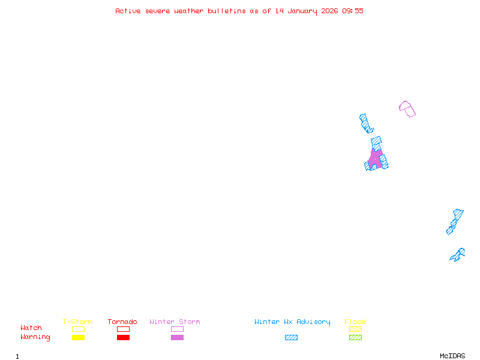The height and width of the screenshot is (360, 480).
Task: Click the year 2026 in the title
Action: (329, 11)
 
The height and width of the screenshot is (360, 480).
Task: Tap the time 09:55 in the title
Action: (353, 11)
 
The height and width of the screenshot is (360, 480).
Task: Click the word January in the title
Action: (302, 11)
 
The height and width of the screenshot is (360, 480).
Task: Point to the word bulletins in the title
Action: (227, 11)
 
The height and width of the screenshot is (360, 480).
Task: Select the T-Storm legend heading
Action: (77, 322)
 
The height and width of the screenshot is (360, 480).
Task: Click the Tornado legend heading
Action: (122, 322)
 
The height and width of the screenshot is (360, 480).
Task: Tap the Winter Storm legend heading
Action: (175, 322)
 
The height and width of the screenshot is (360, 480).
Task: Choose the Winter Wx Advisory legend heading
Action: (292, 322)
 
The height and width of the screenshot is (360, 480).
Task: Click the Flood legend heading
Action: (355, 322)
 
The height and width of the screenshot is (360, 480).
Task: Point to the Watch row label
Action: (31, 328)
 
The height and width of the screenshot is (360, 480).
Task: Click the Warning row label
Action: (35, 337)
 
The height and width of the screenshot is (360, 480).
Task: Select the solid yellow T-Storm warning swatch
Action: (79, 337)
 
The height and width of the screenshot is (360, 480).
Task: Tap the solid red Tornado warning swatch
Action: (124, 337)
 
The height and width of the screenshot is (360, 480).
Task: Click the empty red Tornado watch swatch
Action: (124, 329)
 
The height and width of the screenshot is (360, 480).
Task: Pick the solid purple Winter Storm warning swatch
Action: (177, 337)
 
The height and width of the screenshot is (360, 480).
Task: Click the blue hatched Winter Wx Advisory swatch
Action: (291, 337)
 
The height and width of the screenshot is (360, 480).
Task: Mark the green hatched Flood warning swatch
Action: (355, 337)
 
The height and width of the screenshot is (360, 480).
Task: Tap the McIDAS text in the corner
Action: (452, 356)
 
